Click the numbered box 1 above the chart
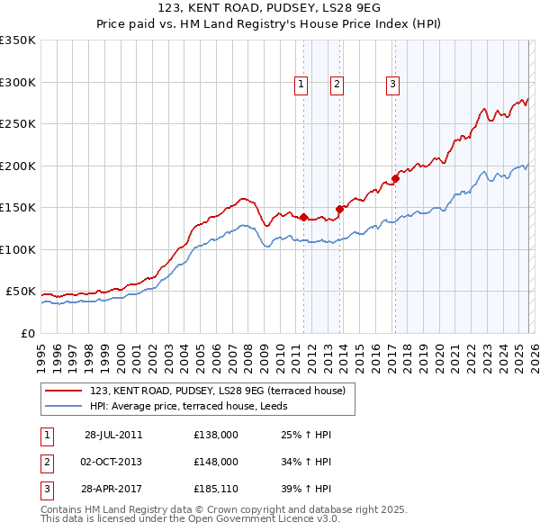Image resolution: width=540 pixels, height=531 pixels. click(x=301, y=85)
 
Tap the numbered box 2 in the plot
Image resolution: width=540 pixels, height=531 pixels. click(x=337, y=85)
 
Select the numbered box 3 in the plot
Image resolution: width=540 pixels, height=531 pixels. click(x=393, y=85)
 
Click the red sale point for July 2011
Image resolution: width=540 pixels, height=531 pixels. click(x=304, y=217)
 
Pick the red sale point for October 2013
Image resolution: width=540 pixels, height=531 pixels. click(x=339, y=209)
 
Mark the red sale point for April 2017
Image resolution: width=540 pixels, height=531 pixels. click(x=395, y=178)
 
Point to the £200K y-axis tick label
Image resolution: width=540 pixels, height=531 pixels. click(x=17, y=166)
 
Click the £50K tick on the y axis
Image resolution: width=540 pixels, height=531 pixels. click(x=20, y=292)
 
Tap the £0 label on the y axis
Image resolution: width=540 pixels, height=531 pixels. click(x=28, y=334)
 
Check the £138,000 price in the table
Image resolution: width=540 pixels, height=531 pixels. click(x=216, y=435)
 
